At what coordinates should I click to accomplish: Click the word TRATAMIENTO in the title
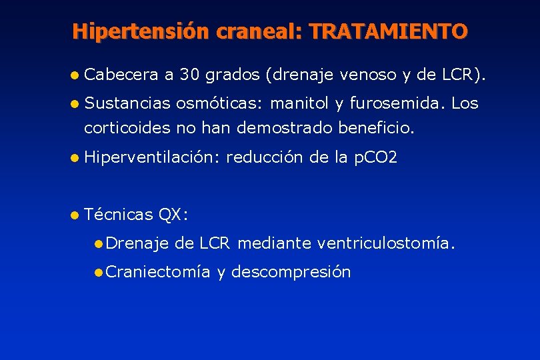tap(389, 31)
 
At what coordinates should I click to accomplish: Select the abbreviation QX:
tap(173, 215)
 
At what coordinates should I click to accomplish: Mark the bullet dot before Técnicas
tap(77, 215)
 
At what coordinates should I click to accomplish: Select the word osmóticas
tap(218, 104)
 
